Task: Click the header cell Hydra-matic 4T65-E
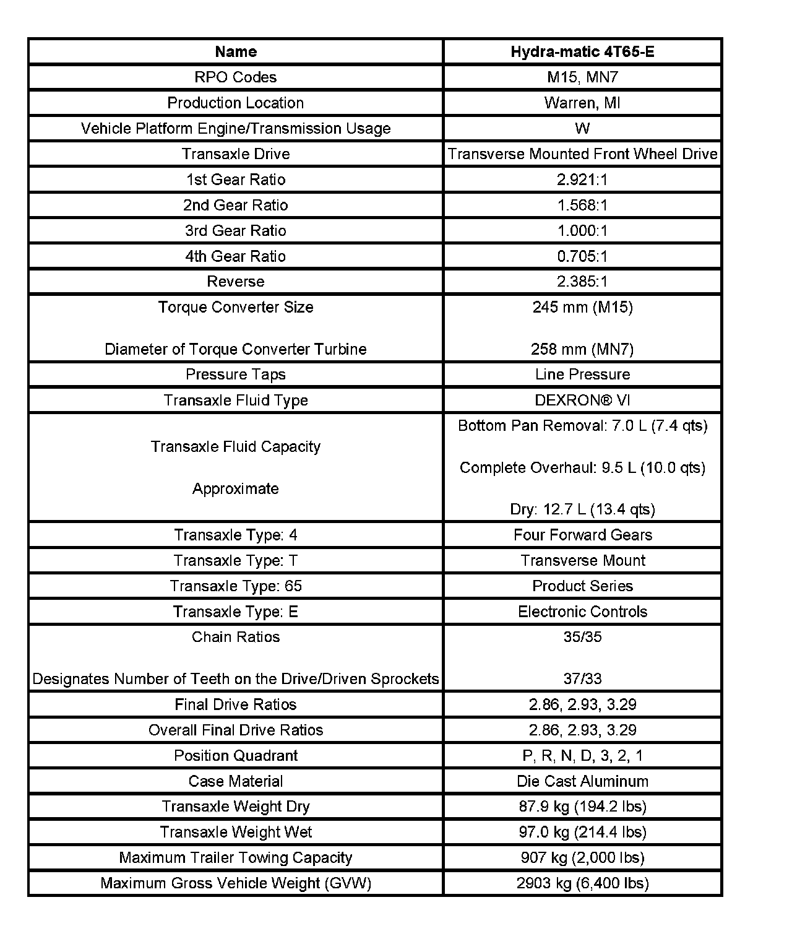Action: [x=582, y=51]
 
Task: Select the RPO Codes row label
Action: [x=236, y=77]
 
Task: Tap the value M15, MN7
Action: [x=582, y=77]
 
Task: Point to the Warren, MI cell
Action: [x=582, y=103]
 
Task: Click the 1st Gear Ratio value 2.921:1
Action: [x=582, y=180]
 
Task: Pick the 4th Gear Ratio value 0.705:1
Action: [x=582, y=256]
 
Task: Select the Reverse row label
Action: [x=236, y=282]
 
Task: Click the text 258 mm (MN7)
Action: [x=582, y=349]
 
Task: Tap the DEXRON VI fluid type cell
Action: [x=582, y=401]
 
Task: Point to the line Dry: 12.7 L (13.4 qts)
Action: [x=582, y=509]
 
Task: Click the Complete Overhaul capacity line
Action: [x=582, y=468]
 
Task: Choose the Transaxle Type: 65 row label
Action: [x=236, y=586]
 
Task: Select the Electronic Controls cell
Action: [x=582, y=612]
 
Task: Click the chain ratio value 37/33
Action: [x=582, y=679]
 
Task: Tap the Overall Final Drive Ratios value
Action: [x=582, y=730]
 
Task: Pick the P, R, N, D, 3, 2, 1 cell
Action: [x=582, y=756]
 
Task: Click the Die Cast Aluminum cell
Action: [x=582, y=781]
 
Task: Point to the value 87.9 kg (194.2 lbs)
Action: [x=582, y=807]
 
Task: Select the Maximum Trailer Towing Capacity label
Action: [x=236, y=858]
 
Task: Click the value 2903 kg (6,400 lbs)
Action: [x=582, y=883]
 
